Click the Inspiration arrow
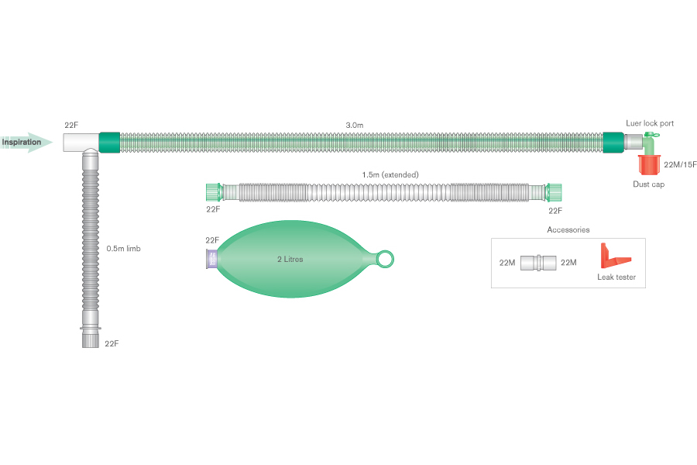point(26,143)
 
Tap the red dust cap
point(649,164)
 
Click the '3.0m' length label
point(355,125)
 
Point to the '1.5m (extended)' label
point(390,174)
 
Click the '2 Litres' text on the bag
point(290,259)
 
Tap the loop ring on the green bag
point(385,259)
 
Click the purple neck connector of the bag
point(211,260)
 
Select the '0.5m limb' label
point(123,249)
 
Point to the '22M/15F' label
point(681,164)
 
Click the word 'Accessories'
point(568,229)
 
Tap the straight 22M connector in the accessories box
point(537,263)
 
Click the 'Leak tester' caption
point(616,277)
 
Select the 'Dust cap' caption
point(648,184)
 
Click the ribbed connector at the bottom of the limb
point(91,339)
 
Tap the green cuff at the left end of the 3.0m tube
point(109,143)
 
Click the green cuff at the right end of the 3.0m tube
point(613,143)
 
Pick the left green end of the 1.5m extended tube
point(213,191)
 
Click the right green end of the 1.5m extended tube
point(553,191)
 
